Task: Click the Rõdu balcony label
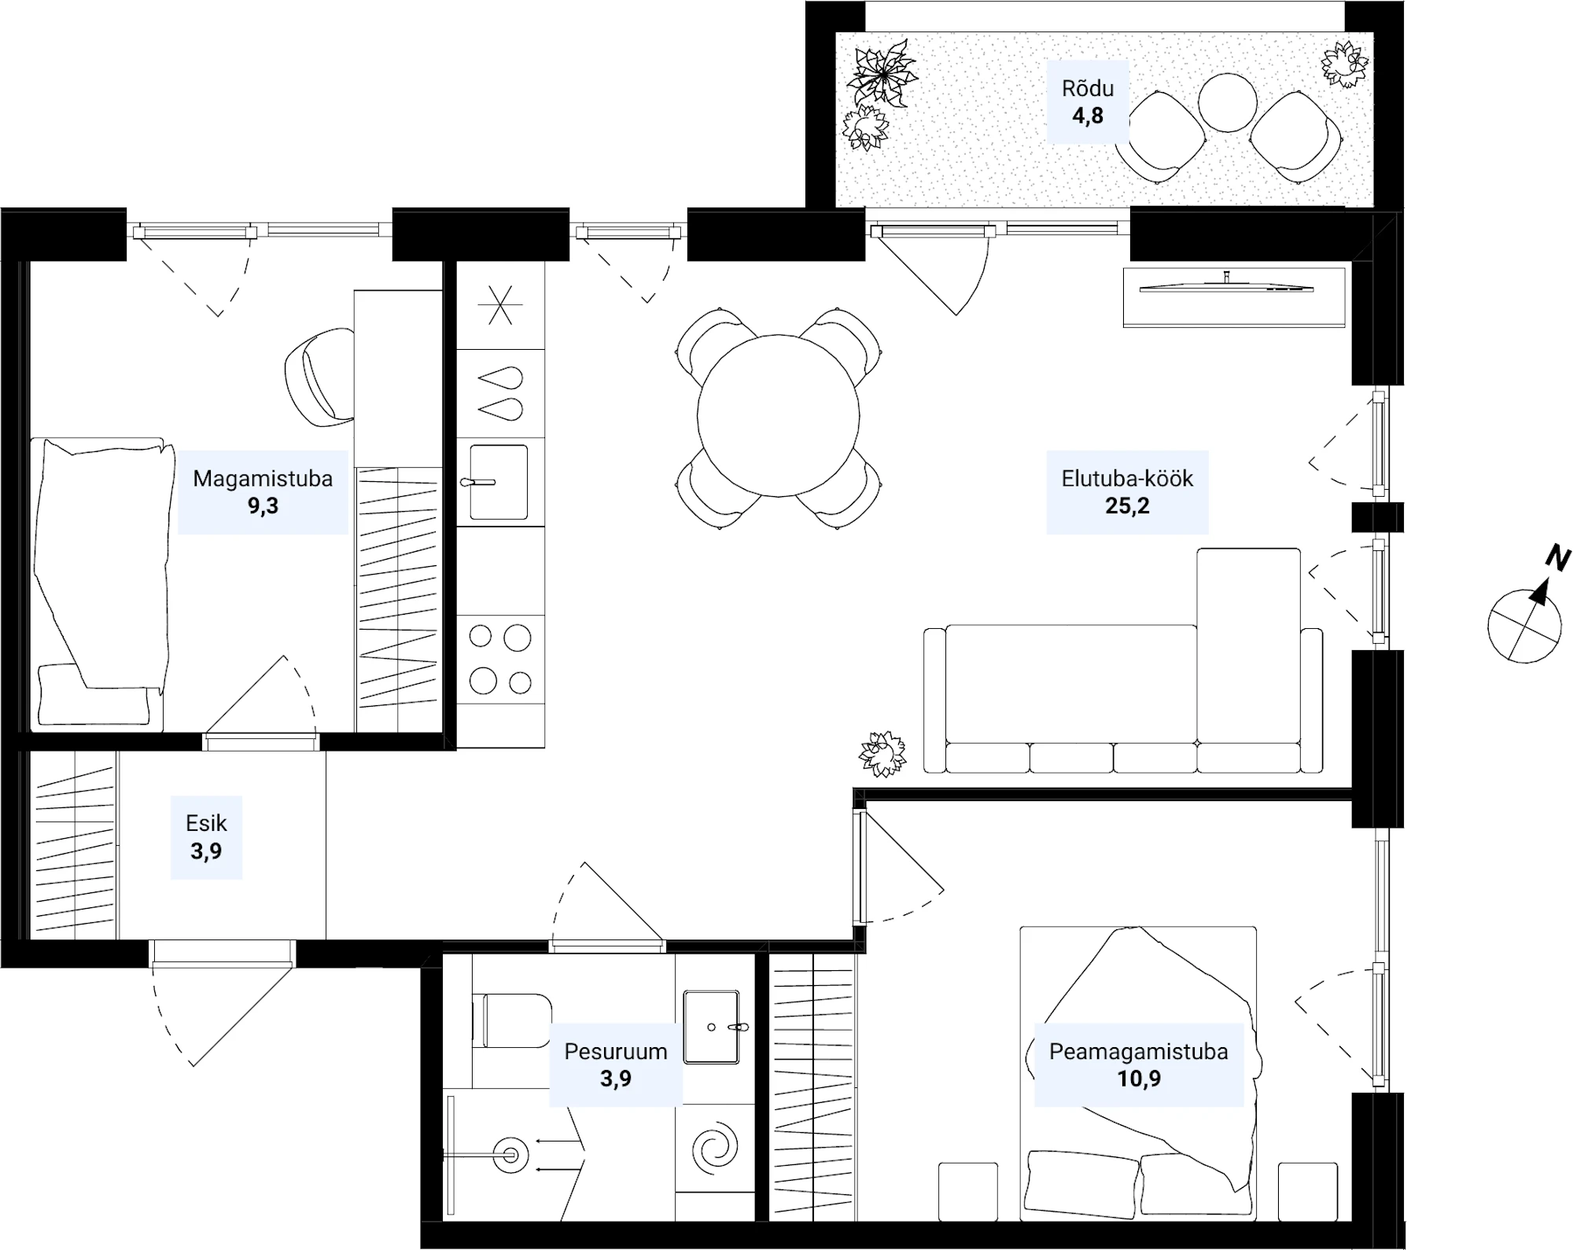pyautogui.click(x=1088, y=88)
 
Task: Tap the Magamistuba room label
pyautogui.click(x=263, y=478)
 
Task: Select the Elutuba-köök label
pyautogui.click(x=1127, y=478)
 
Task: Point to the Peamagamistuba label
pyautogui.click(x=1138, y=1051)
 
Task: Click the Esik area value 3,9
pyautogui.click(x=206, y=851)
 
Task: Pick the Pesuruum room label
pyautogui.click(x=616, y=1051)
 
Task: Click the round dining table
pyautogui.click(x=778, y=415)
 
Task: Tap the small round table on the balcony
pyautogui.click(x=1228, y=102)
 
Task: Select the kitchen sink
pyautogui.click(x=499, y=482)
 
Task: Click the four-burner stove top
pyautogui.click(x=500, y=659)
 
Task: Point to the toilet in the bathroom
pyautogui.click(x=512, y=1020)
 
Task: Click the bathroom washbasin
pyautogui.click(x=712, y=1027)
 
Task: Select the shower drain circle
pyautogui.click(x=511, y=1155)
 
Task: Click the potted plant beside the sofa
pyautogui.click(x=882, y=754)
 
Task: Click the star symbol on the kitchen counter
pyautogui.click(x=500, y=305)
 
